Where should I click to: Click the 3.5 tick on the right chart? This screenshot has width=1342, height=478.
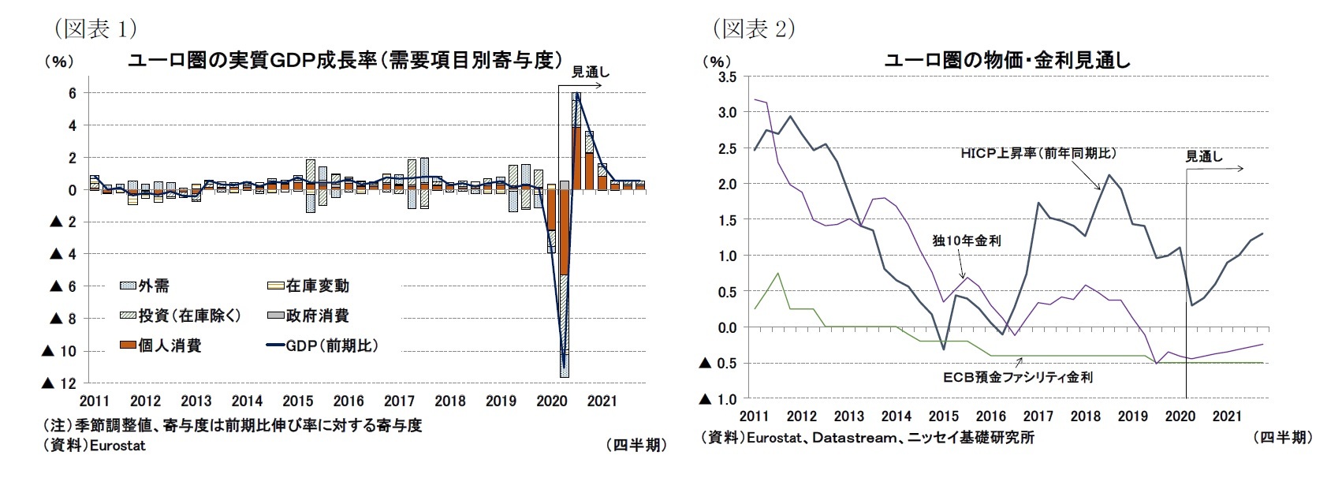727,77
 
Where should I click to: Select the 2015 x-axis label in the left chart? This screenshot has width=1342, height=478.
297,401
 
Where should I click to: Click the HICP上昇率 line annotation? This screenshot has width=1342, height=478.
1038,154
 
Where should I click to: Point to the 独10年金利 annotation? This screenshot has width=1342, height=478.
966,241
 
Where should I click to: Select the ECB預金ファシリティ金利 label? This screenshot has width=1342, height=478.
1018,378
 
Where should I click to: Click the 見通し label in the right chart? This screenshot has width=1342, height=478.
1204,156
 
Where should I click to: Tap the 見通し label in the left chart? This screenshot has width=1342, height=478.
590,72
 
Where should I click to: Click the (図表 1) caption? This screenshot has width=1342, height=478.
95,29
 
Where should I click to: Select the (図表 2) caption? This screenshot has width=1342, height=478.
753,29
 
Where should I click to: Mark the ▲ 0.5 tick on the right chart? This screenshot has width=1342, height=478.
718,364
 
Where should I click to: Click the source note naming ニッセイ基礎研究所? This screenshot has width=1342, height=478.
867,437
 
